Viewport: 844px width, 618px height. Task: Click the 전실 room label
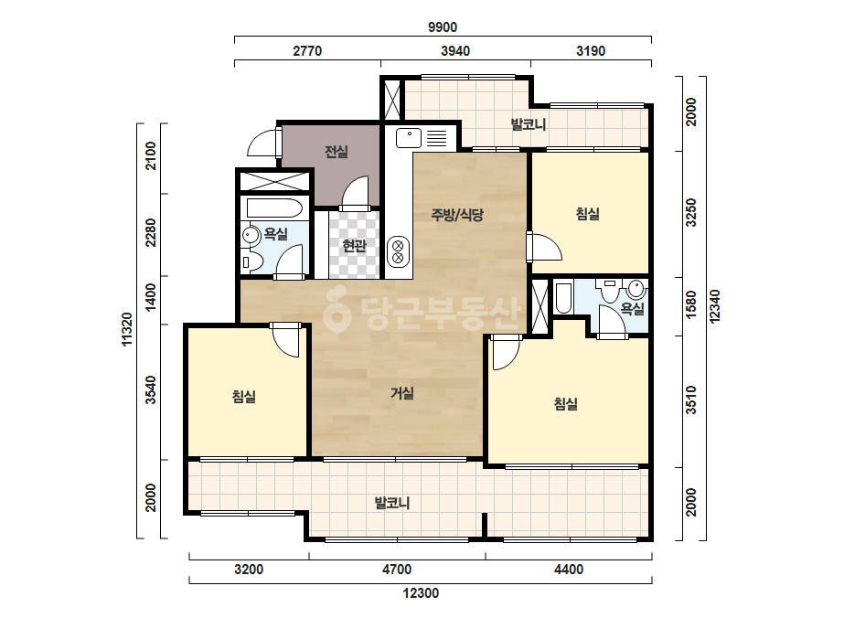tap(337, 152)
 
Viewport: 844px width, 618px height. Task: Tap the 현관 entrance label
tap(354, 246)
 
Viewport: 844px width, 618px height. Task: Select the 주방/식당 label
tap(457, 215)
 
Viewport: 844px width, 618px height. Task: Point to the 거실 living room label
tap(402, 393)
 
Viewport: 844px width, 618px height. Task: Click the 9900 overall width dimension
tap(443, 27)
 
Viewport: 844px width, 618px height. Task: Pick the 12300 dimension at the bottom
tap(421, 593)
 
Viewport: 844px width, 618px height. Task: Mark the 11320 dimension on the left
tap(126, 329)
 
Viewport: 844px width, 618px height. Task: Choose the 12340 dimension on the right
tap(714, 306)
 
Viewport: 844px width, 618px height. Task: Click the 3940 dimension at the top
tap(455, 51)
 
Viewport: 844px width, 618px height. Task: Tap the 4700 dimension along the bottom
tap(397, 569)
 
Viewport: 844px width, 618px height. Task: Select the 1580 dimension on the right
tap(691, 304)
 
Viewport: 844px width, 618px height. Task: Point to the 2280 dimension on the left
tap(151, 232)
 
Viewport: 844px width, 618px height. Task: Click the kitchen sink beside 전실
tap(409, 138)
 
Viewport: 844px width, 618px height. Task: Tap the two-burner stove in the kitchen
tap(399, 251)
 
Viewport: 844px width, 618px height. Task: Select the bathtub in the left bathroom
tap(274, 208)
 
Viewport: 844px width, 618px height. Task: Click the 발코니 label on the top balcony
tap(528, 125)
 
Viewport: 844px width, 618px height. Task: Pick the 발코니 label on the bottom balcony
tap(392, 504)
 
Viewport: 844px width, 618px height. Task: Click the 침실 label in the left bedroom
tap(244, 397)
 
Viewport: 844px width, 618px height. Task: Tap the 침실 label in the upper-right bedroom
tap(588, 214)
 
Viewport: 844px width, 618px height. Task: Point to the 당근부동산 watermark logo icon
tap(337, 314)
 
